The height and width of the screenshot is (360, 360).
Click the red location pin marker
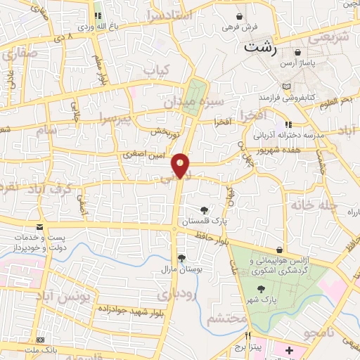[181, 165]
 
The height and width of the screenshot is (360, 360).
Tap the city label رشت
[257, 49]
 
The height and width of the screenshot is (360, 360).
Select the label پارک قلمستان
[203, 221]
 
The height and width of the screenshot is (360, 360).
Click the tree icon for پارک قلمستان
[204, 210]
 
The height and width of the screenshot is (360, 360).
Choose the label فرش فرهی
[241, 27]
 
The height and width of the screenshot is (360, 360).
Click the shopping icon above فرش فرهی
[240, 15]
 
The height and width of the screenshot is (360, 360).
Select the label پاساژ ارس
[298, 64]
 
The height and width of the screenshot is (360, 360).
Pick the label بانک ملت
[40, 349]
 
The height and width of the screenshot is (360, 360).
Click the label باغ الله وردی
[96, 27]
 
